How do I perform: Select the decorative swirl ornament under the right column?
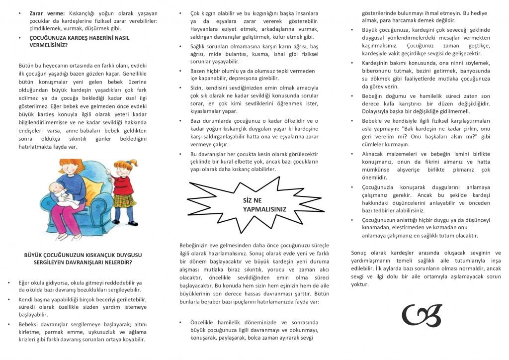pos(422,315)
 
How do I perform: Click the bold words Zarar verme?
pos(47,13)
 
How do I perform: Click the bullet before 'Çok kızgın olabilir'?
pos(181,13)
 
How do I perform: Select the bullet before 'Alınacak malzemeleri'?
pos(352,154)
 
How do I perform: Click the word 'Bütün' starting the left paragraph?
pos(25,66)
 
